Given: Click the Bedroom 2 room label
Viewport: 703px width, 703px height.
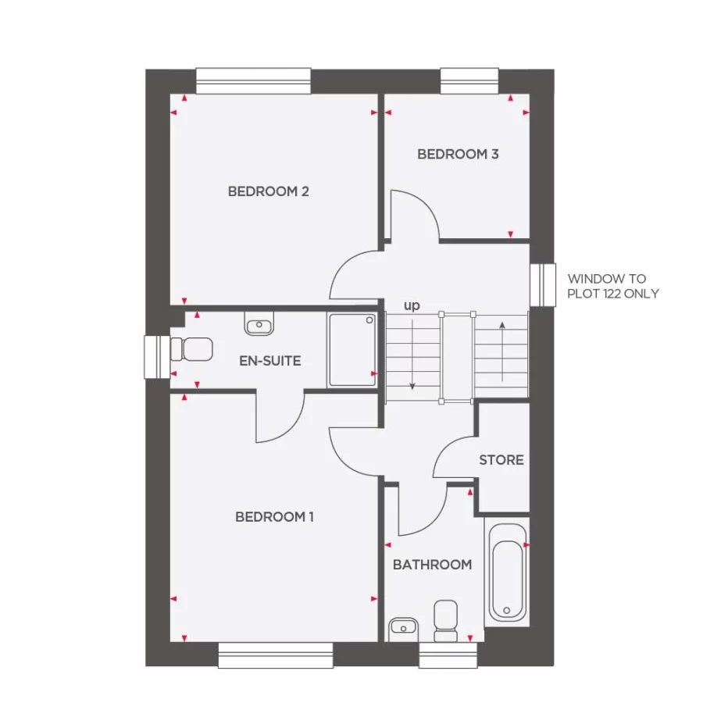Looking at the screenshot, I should point(268,191).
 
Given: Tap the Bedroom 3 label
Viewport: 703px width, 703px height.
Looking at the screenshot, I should point(458,154).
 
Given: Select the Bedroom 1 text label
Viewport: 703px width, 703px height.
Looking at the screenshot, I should point(274,517).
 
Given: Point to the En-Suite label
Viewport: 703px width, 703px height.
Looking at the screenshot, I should point(269,361).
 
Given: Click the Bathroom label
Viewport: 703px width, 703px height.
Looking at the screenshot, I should point(432,564).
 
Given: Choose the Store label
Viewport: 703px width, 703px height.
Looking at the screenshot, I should point(501,460).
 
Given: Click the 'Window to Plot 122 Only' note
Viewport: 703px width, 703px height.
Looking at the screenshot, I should point(612,286).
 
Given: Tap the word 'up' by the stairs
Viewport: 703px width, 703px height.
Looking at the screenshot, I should point(412,305).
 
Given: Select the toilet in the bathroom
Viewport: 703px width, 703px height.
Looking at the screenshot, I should point(446,621).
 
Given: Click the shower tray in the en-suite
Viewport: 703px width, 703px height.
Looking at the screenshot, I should point(351,350).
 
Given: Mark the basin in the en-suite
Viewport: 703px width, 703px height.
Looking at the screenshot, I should point(259,325).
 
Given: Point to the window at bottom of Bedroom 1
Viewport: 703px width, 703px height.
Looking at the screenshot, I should point(276,655).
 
